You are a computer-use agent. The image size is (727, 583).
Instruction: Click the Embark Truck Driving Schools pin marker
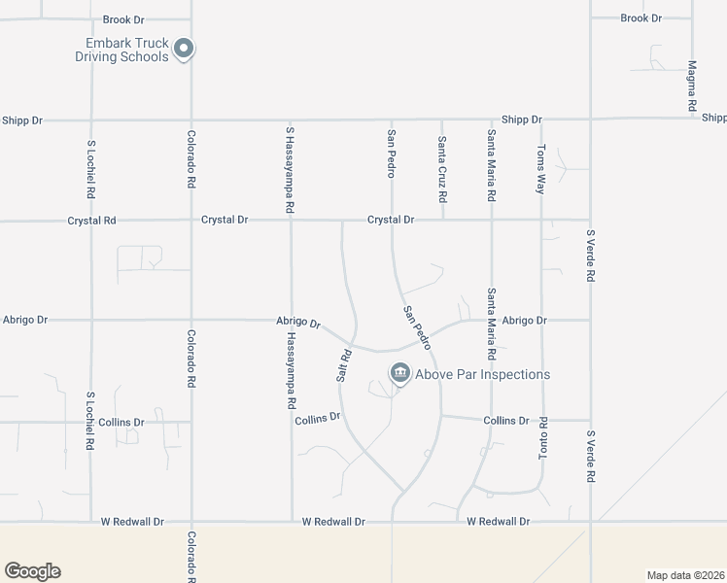185,49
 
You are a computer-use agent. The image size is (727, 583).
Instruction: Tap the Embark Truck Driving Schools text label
121,50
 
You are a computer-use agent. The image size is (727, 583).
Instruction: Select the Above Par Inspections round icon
399,373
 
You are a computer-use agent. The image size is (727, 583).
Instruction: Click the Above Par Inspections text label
482,374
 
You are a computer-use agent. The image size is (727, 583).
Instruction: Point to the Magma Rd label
692,86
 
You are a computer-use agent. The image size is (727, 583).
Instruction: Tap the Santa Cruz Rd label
441,169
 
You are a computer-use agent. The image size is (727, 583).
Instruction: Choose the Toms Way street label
541,170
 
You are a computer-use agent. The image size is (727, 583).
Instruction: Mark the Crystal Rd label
91,221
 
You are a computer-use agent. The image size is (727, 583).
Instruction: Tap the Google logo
32,571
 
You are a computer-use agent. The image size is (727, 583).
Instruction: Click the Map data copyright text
685,574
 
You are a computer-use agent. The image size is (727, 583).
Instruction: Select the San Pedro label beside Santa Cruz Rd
391,154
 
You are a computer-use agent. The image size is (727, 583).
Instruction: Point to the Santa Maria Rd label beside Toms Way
492,165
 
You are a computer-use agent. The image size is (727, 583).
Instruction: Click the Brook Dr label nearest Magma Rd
640,18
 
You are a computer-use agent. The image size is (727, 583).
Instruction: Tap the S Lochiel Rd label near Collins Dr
90,421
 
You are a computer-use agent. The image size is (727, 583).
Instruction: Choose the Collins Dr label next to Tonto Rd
505,421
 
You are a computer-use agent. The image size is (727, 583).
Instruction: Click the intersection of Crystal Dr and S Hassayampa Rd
292,221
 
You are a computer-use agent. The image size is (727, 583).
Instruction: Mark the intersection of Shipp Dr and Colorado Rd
190,120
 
